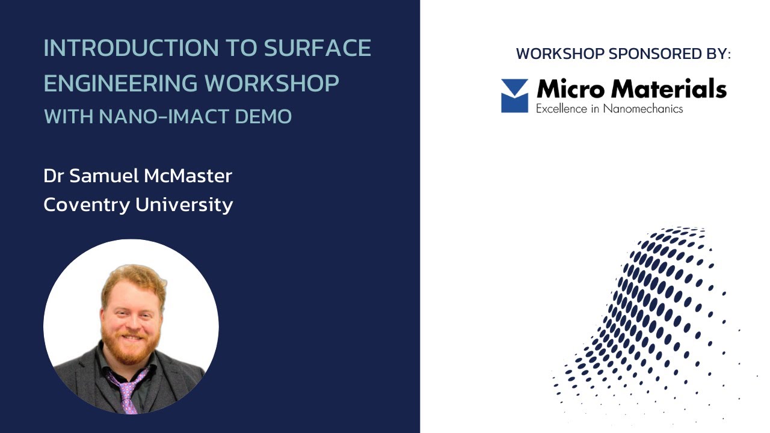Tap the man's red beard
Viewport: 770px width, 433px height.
pos(131,345)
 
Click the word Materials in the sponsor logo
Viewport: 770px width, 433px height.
pos(668,90)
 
